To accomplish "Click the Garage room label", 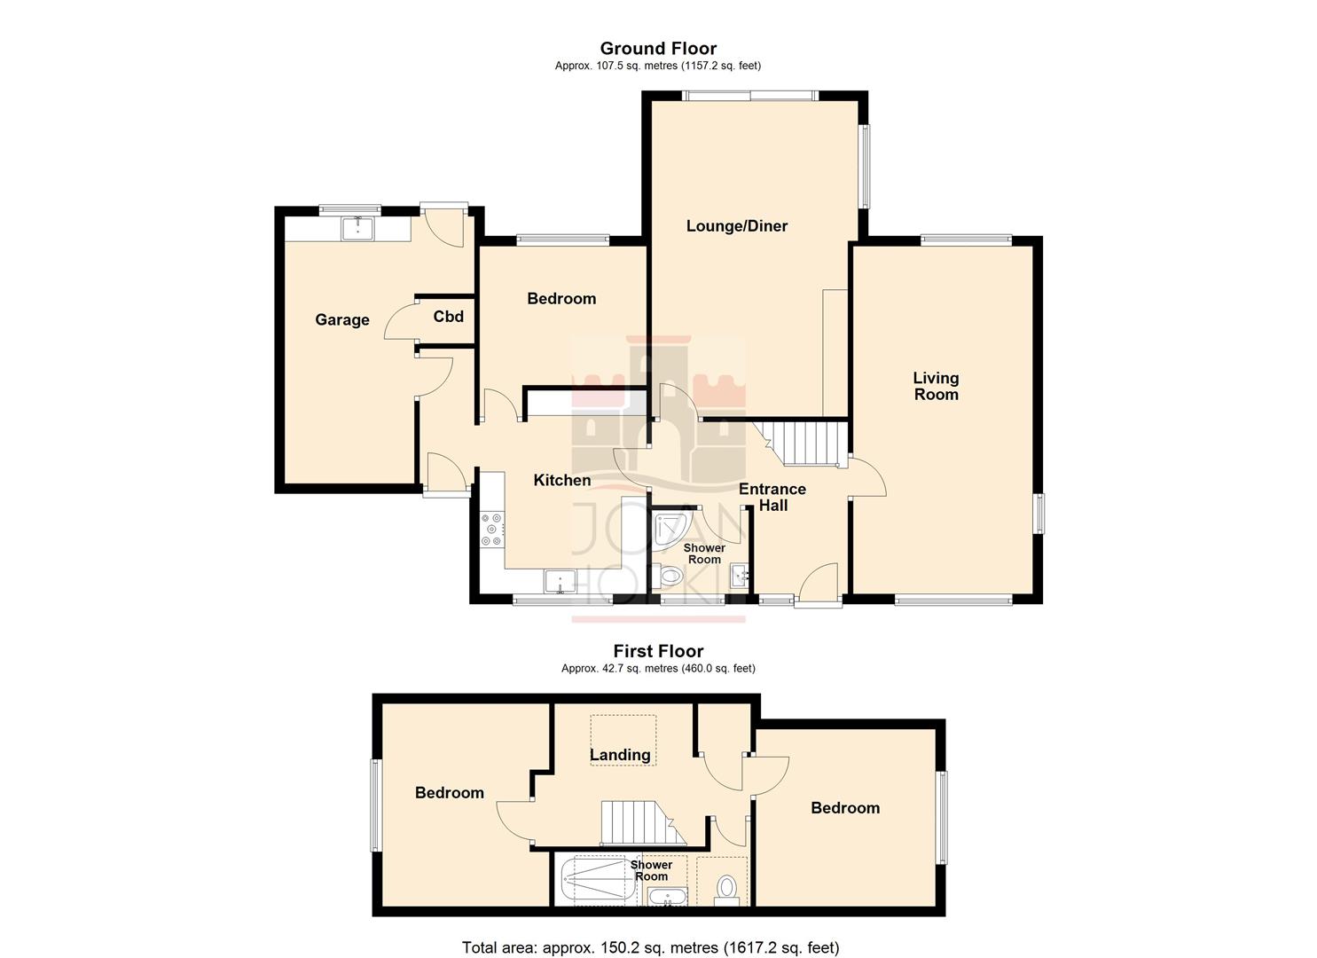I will click(x=342, y=320).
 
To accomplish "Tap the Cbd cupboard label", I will click(x=448, y=317).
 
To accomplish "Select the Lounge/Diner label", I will click(x=736, y=226).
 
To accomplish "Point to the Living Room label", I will click(x=936, y=387).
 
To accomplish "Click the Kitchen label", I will click(x=561, y=480).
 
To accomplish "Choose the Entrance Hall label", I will click(x=772, y=497).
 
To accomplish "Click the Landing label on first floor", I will click(x=620, y=755).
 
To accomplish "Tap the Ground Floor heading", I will click(x=658, y=49).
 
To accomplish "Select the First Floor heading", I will click(x=658, y=651).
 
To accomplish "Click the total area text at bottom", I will click(x=650, y=947).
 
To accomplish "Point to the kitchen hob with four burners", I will click(x=491, y=530).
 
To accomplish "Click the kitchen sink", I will click(x=560, y=582).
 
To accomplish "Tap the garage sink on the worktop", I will click(x=357, y=228).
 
